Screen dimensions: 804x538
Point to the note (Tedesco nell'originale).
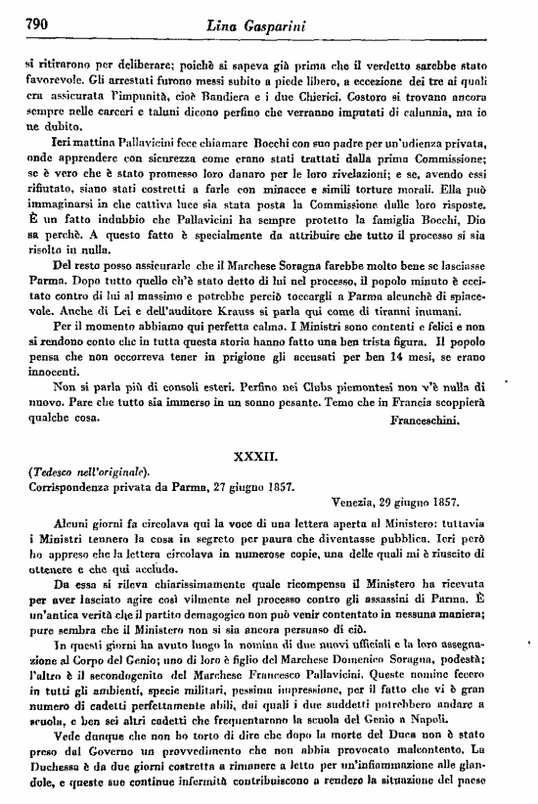88,472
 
